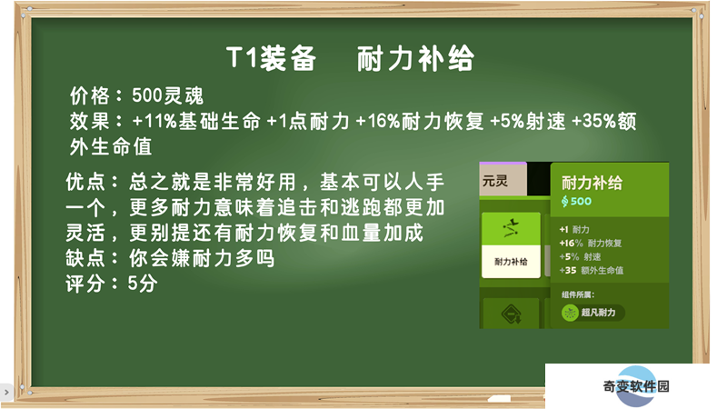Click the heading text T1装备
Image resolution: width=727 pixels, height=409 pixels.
tap(271, 58)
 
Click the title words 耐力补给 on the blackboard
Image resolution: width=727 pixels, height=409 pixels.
tap(415, 58)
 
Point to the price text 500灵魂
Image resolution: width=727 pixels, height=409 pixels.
tap(167, 95)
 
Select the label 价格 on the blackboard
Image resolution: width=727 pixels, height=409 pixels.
tap(89, 95)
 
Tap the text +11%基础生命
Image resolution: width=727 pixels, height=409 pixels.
tap(196, 122)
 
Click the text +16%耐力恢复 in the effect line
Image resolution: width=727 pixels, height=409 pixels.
tap(420, 122)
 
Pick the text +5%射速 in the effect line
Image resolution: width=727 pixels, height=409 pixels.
tap(528, 122)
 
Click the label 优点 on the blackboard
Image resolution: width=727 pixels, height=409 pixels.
tap(85, 182)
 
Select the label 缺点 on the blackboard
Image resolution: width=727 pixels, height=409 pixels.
tap(85, 258)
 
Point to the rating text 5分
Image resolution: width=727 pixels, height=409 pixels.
tap(143, 284)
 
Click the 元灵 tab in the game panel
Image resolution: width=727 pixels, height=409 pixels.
tap(503, 179)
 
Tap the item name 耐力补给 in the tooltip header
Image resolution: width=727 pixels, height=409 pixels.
tap(593, 183)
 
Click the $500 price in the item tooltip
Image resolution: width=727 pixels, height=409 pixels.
tap(576, 201)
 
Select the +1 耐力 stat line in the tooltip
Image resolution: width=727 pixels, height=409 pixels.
tap(574, 230)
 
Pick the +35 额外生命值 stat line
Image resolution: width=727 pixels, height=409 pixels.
tap(592, 270)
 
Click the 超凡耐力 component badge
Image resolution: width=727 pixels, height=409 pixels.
tap(593, 313)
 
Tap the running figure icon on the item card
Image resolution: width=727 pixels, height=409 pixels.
tap(511, 228)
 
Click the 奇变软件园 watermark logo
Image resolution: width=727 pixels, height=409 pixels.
tap(636, 386)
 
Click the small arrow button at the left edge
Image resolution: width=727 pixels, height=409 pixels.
tap(6, 393)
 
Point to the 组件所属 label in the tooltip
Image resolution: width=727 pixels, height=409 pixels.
tap(578, 294)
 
